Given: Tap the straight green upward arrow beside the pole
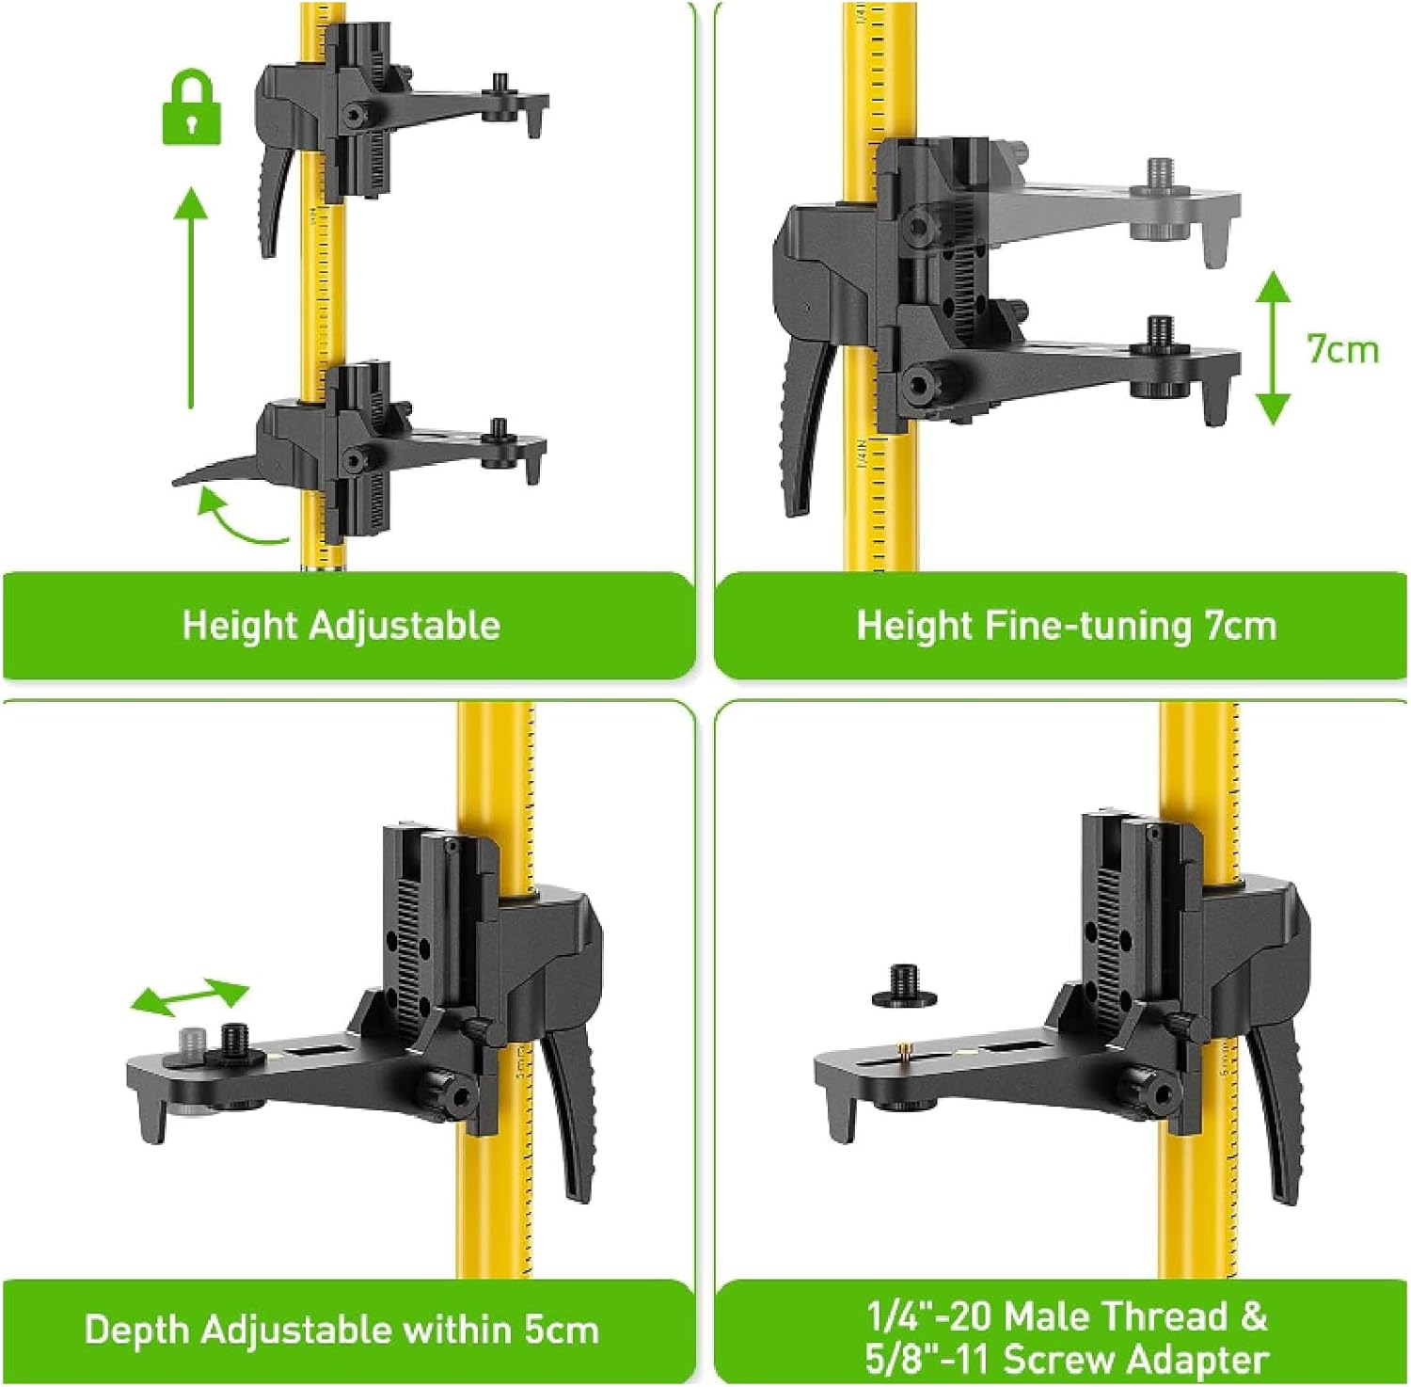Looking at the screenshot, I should point(191,296).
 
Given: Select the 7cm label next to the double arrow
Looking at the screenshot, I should point(1342,349).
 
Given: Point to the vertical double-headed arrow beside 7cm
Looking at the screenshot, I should point(1273,347).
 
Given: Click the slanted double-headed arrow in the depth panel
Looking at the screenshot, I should point(189,997).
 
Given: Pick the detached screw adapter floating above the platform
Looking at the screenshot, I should point(904,984).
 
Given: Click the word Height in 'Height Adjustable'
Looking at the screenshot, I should point(239,626).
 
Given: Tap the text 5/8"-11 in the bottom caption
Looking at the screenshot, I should point(929,1360).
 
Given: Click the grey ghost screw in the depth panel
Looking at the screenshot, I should point(192,1044).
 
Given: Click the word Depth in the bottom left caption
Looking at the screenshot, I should point(138,1330).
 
